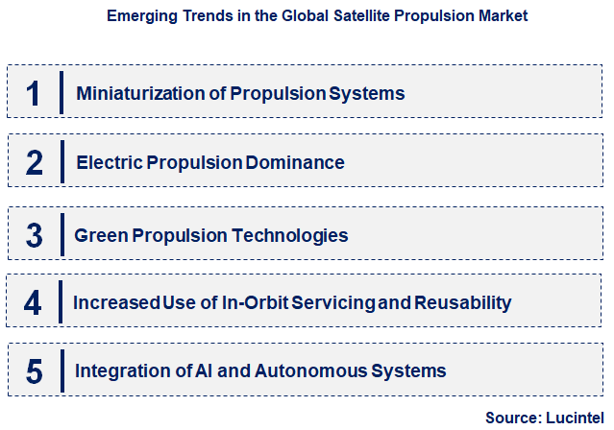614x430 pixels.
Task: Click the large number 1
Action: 34,93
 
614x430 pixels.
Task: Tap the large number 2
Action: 34,162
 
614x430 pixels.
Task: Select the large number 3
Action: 34,235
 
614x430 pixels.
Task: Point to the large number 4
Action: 34,303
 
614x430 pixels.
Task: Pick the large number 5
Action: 34,370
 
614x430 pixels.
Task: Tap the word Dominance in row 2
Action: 294,162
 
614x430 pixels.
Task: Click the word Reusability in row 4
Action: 463,303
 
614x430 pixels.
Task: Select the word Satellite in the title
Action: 345,16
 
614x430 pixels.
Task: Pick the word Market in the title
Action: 501,16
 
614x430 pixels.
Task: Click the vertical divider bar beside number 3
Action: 61,235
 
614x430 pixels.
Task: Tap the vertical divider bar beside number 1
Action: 61,93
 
